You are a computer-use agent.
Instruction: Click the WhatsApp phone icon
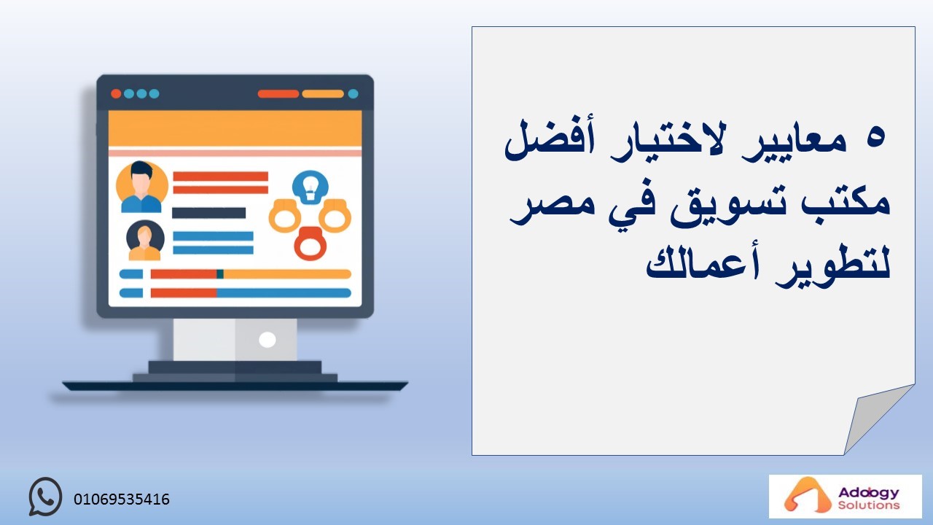click(x=45, y=497)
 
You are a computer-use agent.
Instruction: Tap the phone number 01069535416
click(x=122, y=499)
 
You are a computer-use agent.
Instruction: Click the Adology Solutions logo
click(x=845, y=497)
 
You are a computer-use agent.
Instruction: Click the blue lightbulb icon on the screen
click(x=311, y=187)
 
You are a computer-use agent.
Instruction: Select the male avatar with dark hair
click(x=141, y=186)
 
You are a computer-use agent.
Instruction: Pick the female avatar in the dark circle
click(x=145, y=241)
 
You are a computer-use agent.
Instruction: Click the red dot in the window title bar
click(x=116, y=93)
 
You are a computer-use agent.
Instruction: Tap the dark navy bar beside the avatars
click(x=209, y=213)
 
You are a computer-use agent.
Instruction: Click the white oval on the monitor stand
click(x=268, y=340)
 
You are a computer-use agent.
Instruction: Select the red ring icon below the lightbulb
click(x=311, y=244)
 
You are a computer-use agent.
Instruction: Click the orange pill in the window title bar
click(x=323, y=94)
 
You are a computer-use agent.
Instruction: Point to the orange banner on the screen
click(x=235, y=128)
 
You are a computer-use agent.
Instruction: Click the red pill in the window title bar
click(x=278, y=94)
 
